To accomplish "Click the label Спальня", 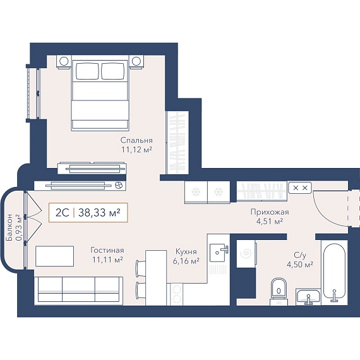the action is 136,140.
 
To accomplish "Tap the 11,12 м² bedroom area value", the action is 137,150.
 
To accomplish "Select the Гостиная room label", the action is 107,250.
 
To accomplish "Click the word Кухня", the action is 186,251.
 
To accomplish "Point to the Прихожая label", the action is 270,212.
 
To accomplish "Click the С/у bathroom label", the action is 300,255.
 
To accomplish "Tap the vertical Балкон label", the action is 10,227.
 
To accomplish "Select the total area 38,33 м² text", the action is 99,213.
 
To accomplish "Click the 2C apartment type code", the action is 63,213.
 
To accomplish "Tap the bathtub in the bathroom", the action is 334,273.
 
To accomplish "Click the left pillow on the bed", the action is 87,71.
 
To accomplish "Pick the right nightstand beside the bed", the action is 136,61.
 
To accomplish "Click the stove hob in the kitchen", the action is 176,294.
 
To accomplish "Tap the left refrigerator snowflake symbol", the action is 196,191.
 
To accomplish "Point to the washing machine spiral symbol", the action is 246,253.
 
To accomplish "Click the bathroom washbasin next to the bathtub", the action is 308,297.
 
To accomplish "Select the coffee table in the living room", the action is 55,256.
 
